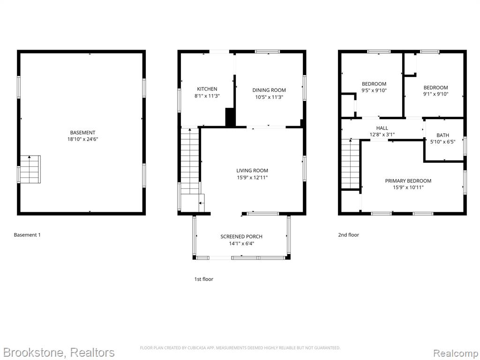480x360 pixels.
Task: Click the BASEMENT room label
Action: (x=82, y=133)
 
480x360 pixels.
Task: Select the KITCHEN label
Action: (x=207, y=89)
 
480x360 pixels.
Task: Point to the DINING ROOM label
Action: (x=269, y=90)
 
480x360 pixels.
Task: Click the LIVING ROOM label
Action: (x=252, y=171)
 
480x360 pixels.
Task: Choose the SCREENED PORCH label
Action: (x=241, y=237)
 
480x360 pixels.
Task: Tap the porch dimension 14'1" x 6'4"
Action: (x=241, y=244)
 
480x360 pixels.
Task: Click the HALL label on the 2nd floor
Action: (x=382, y=128)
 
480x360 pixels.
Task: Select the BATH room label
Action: (x=442, y=135)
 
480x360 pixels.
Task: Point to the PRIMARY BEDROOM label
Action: (x=408, y=181)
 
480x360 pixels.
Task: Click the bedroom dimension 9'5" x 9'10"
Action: (x=374, y=90)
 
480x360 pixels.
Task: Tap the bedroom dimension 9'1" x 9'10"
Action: (x=435, y=94)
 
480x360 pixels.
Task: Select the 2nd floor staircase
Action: (x=351, y=164)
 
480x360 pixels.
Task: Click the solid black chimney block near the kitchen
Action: (x=230, y=117)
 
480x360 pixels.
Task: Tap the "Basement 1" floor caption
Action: (x=27, y=235)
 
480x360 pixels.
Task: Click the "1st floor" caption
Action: (x=204, y=279)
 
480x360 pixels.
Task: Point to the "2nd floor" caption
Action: (x=349, y=235)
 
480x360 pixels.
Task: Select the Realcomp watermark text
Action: (x=456, y=352)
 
